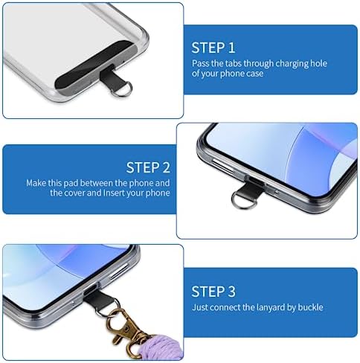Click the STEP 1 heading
point(213,48)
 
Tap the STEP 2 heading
point(148,167)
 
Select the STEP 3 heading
point(213,292)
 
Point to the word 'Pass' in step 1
point(200,63)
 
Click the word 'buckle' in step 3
point(310,307)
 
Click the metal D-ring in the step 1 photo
point(121,89)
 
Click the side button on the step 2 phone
point(222,165)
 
